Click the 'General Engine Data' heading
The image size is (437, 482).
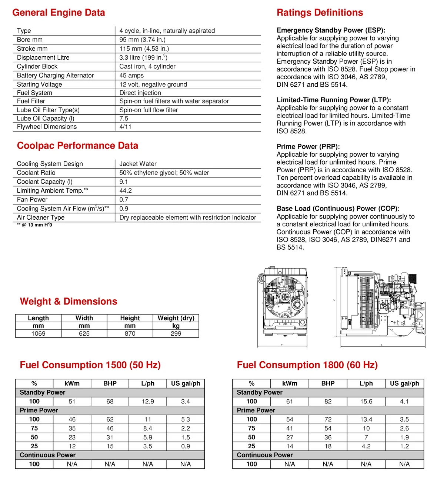59,13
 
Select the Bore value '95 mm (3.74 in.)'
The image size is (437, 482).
142,40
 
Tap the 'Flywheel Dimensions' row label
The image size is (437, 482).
47,127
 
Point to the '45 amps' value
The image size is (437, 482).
131,75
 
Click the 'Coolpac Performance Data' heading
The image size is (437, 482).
77,146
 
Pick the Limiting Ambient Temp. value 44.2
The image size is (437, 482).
126,190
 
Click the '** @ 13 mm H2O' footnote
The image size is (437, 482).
34,225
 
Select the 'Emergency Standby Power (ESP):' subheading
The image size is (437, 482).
331,30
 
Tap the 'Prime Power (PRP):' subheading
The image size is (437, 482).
308,146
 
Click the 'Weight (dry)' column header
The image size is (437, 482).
176,318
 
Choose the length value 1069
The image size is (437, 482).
38,333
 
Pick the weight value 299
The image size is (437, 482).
176,333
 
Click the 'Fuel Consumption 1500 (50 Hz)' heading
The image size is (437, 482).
90,365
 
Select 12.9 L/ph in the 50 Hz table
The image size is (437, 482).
148,401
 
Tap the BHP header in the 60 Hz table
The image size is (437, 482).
328,383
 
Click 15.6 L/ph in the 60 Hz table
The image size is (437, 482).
366,401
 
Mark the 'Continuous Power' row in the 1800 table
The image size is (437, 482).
264,455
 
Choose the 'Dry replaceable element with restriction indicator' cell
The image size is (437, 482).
188,217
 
